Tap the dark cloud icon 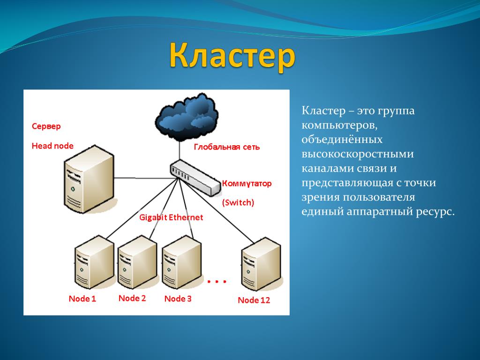(x=187, y=117)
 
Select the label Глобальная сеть (x=227, y=147)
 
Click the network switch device (x=195, y=177)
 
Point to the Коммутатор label (x=247, y=183)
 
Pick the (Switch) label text (x=238, y=202)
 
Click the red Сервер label (x=46, y=126)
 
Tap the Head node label (x=52, y=146)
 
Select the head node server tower (x=89, y=179)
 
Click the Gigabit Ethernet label (x=171, y=217)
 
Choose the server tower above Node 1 (x=94, y=262)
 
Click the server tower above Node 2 (x=137, y=262)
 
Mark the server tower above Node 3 (x=181, y=262)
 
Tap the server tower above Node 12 (x=261, y=264)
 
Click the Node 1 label (x=82, y=299)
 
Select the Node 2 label (x=132, y=298)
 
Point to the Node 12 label (x=254, y=300)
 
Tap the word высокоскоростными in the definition (x=358, y=154)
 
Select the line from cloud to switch (x=180, y=151)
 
